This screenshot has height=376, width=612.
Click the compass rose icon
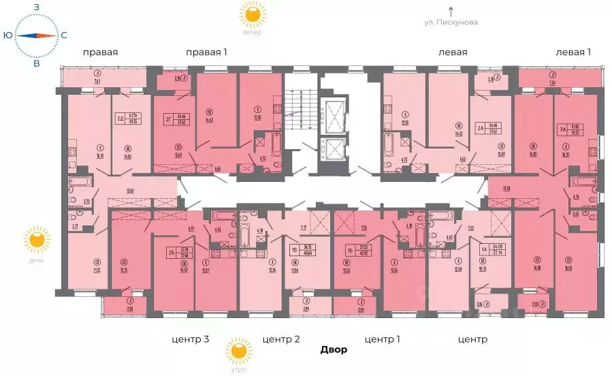[36, 35]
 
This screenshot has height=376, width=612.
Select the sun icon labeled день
[36, 240]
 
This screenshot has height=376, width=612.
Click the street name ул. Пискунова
[451, 22]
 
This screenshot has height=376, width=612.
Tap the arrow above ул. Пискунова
[451, 10]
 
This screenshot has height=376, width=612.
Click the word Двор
[334, 350]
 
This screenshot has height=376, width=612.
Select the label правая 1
[206, 52]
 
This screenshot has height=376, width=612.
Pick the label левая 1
[573, 52]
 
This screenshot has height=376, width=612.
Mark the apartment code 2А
[480, 127]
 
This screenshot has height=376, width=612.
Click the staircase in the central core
[300, 109]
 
